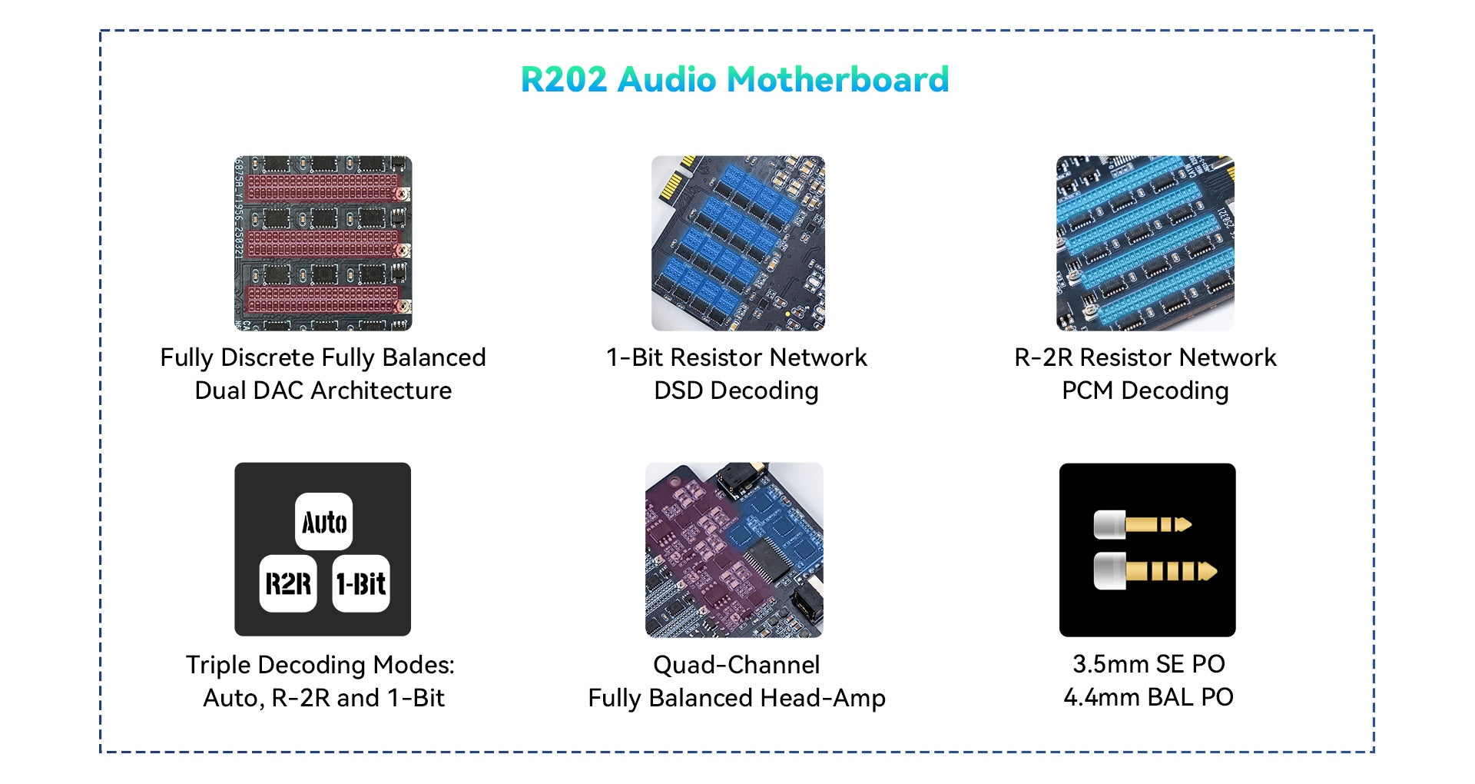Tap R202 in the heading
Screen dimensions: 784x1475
click(x=563, y=79)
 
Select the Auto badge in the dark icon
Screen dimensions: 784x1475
click(x=323, y=522)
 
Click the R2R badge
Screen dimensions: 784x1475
click(x=288, y=583)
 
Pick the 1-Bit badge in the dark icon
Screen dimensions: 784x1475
click(x=361, y=583)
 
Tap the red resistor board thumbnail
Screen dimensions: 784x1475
click(x=323, y=243)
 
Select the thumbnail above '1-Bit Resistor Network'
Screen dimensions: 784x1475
click(x=737, y=243)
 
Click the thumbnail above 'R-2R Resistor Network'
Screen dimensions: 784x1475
click(x=1145, y=243)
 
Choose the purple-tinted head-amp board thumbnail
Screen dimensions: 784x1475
click(x=734, y=550)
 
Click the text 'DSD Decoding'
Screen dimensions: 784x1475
click(x=736, y=390)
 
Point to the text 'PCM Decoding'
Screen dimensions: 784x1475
click(x=1145, y=390)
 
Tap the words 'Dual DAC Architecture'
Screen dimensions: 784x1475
click(x=323, y=390)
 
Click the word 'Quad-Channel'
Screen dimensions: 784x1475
click(x=736, y=665)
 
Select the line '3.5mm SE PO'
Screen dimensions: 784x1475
click(x=1148, y=664)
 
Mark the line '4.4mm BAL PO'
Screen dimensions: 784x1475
click(x=1148, y=697)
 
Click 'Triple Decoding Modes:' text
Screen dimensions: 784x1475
click(x=320, y=665)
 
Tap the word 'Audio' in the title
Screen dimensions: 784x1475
click(x=666, y=79)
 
